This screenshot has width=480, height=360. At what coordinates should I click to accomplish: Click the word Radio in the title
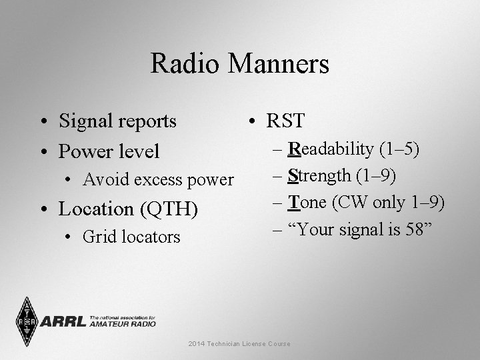point(184,65)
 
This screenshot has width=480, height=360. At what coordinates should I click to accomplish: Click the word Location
point(96,209)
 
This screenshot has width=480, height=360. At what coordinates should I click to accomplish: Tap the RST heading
point(285,121)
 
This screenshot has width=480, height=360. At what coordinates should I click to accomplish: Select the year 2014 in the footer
point(197,343)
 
